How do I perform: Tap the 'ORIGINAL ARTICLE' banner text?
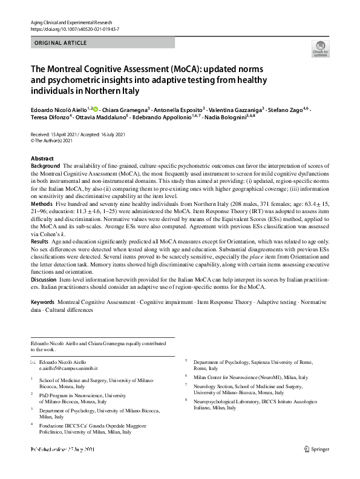61,43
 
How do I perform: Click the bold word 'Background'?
45,165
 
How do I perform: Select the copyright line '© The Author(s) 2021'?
51,140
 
